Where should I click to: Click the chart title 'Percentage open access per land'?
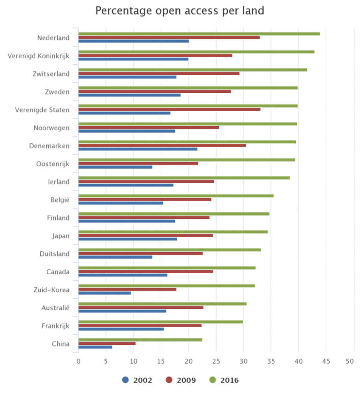180,11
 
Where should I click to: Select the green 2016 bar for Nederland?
199,34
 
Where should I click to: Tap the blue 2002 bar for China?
95,347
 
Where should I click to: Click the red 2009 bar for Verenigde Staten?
169,109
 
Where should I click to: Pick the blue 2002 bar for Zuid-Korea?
105,293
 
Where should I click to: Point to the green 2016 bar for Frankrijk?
160,321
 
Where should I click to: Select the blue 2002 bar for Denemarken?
138,149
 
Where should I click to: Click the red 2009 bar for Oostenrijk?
138,163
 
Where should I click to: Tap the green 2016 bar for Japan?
173,232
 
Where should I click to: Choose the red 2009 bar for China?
107,344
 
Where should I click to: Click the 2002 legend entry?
137,380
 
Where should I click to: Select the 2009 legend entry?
180,380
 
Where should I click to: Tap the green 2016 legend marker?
211,380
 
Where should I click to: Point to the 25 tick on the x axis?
216,361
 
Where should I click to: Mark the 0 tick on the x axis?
78,361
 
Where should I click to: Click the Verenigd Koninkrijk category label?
38,56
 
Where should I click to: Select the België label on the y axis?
60,200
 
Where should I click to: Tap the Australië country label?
55,308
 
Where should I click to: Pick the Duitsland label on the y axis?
54,254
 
